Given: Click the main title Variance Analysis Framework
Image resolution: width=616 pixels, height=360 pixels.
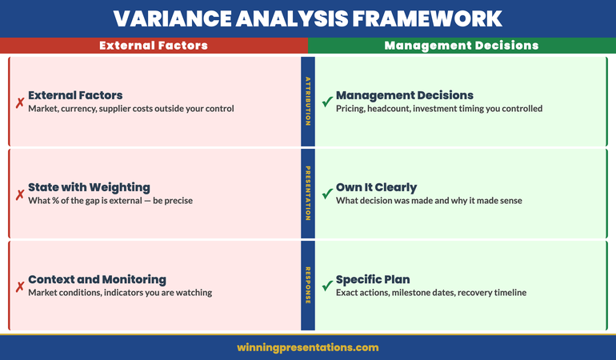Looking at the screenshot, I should pyautogui.click(x=308, y=18).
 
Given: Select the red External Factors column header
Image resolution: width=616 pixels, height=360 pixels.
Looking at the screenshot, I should pyautogui.click(x=154, y=46).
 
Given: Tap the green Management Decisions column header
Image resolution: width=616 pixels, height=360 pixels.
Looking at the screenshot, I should pyautogui.click(x=462, y=46).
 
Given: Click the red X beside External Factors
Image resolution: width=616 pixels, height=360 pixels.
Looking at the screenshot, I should pyautogui.click(x=19, y=102).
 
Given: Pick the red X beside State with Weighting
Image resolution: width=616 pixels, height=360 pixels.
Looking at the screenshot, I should pyautogui.click(x=19, y=194).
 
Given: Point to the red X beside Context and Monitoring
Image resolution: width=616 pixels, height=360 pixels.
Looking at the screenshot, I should pyautogui.click(x=19, y=286).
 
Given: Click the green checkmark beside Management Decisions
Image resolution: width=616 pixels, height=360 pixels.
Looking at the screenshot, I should pyautogui.click(x=326, y=102).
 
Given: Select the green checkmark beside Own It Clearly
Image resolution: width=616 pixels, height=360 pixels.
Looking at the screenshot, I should pyautogui.click(x=326, y=194).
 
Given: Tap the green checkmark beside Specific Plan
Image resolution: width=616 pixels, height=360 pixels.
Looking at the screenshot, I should pyautogui.click(x=326, y=286).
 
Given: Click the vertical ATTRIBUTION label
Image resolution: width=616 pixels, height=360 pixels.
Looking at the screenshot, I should pyautogui.click(x=308, y=101).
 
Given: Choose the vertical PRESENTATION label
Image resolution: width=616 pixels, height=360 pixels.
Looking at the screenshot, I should pyautogui.click(x=308, y=193).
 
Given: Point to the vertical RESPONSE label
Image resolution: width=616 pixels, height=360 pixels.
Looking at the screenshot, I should pyautogui.click(x=308, y=286).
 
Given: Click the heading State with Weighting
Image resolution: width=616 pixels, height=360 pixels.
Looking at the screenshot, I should pyautogui.click(x=89, y=187).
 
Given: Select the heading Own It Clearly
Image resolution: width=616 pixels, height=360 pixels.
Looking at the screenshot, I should pyautogui.click(x=376, y=187).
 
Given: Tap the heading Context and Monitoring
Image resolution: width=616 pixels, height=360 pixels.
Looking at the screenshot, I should pyautogui.click(x=97, y=279).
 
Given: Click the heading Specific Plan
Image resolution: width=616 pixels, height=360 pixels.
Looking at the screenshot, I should pyautogui.click(x=373, y=279).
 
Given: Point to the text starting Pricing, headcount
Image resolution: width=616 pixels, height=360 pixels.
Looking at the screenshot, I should pyautogui.click(x=439, y=109).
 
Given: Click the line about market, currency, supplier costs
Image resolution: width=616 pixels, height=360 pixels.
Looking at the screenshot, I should pyautogui.click(x=131, y=109).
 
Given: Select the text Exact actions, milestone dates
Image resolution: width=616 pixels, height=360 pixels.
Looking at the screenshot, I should pyautogui.click(x=431, y=293).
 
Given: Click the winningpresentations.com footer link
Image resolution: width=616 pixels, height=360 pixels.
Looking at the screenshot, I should pyautogui.click(x=308, y=347).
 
